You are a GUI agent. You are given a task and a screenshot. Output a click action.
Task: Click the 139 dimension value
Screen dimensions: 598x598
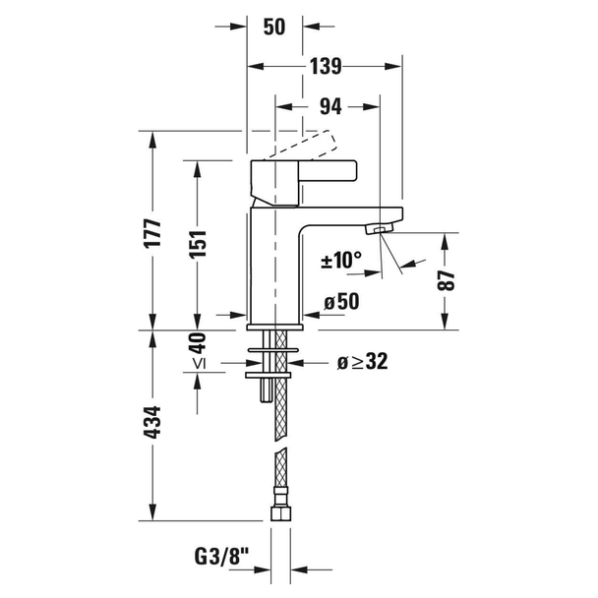click(326, 66)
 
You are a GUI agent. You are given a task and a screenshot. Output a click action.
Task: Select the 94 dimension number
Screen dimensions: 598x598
click(330, 107)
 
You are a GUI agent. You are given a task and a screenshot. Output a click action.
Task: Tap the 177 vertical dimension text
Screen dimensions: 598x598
click(152, 233)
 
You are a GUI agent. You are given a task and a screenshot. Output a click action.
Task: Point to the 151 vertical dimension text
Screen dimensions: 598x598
click(198, 243)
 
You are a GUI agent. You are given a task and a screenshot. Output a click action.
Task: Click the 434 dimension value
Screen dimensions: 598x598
click(152, 422)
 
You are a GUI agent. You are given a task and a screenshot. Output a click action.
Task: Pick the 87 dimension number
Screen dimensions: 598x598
click(446, 280)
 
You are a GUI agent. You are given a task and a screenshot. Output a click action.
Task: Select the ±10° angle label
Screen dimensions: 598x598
click(341, 260)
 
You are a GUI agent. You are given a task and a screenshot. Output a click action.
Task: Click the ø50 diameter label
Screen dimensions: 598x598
click(341, 301)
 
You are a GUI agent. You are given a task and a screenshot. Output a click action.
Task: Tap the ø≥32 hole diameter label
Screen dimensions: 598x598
click(362, 361)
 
